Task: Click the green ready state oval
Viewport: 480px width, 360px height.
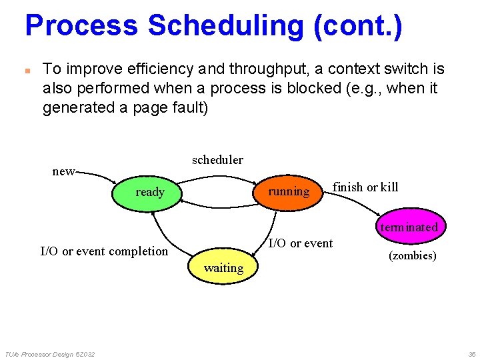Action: tap(150, 192)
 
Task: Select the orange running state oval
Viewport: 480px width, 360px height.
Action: tap(289, 192)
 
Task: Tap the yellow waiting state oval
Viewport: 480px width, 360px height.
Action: tap(223, 268)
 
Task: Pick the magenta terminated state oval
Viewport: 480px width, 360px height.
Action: tap(408, 227)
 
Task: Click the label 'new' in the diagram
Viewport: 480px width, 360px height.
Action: tap(63, 171)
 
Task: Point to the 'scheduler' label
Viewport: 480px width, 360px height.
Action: tap(217, 160)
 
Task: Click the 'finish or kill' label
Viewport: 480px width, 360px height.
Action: tap(365, 187)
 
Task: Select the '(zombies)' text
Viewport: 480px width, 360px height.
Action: tap(412, 256)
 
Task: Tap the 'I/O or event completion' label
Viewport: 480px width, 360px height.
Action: tap(104, 251)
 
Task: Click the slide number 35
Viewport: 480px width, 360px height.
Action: tap(471, 354)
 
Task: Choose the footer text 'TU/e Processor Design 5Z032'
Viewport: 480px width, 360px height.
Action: tap(49, 354)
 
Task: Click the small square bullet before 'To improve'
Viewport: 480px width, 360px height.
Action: tap(28, 70)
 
